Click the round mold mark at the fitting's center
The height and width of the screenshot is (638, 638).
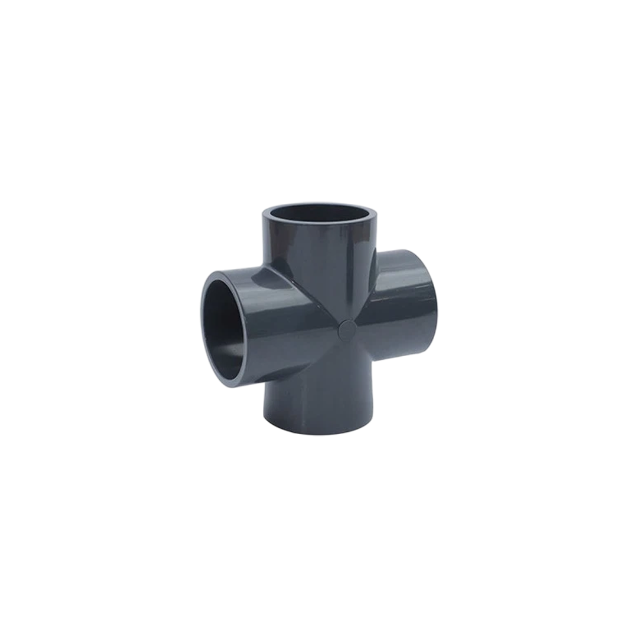point(347,330)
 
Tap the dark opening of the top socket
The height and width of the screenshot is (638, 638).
point(319,213)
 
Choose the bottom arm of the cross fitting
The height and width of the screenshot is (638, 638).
point(319,402)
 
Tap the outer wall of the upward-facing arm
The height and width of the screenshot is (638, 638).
point(319,260)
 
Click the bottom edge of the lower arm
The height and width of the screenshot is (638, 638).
point(319,433)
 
